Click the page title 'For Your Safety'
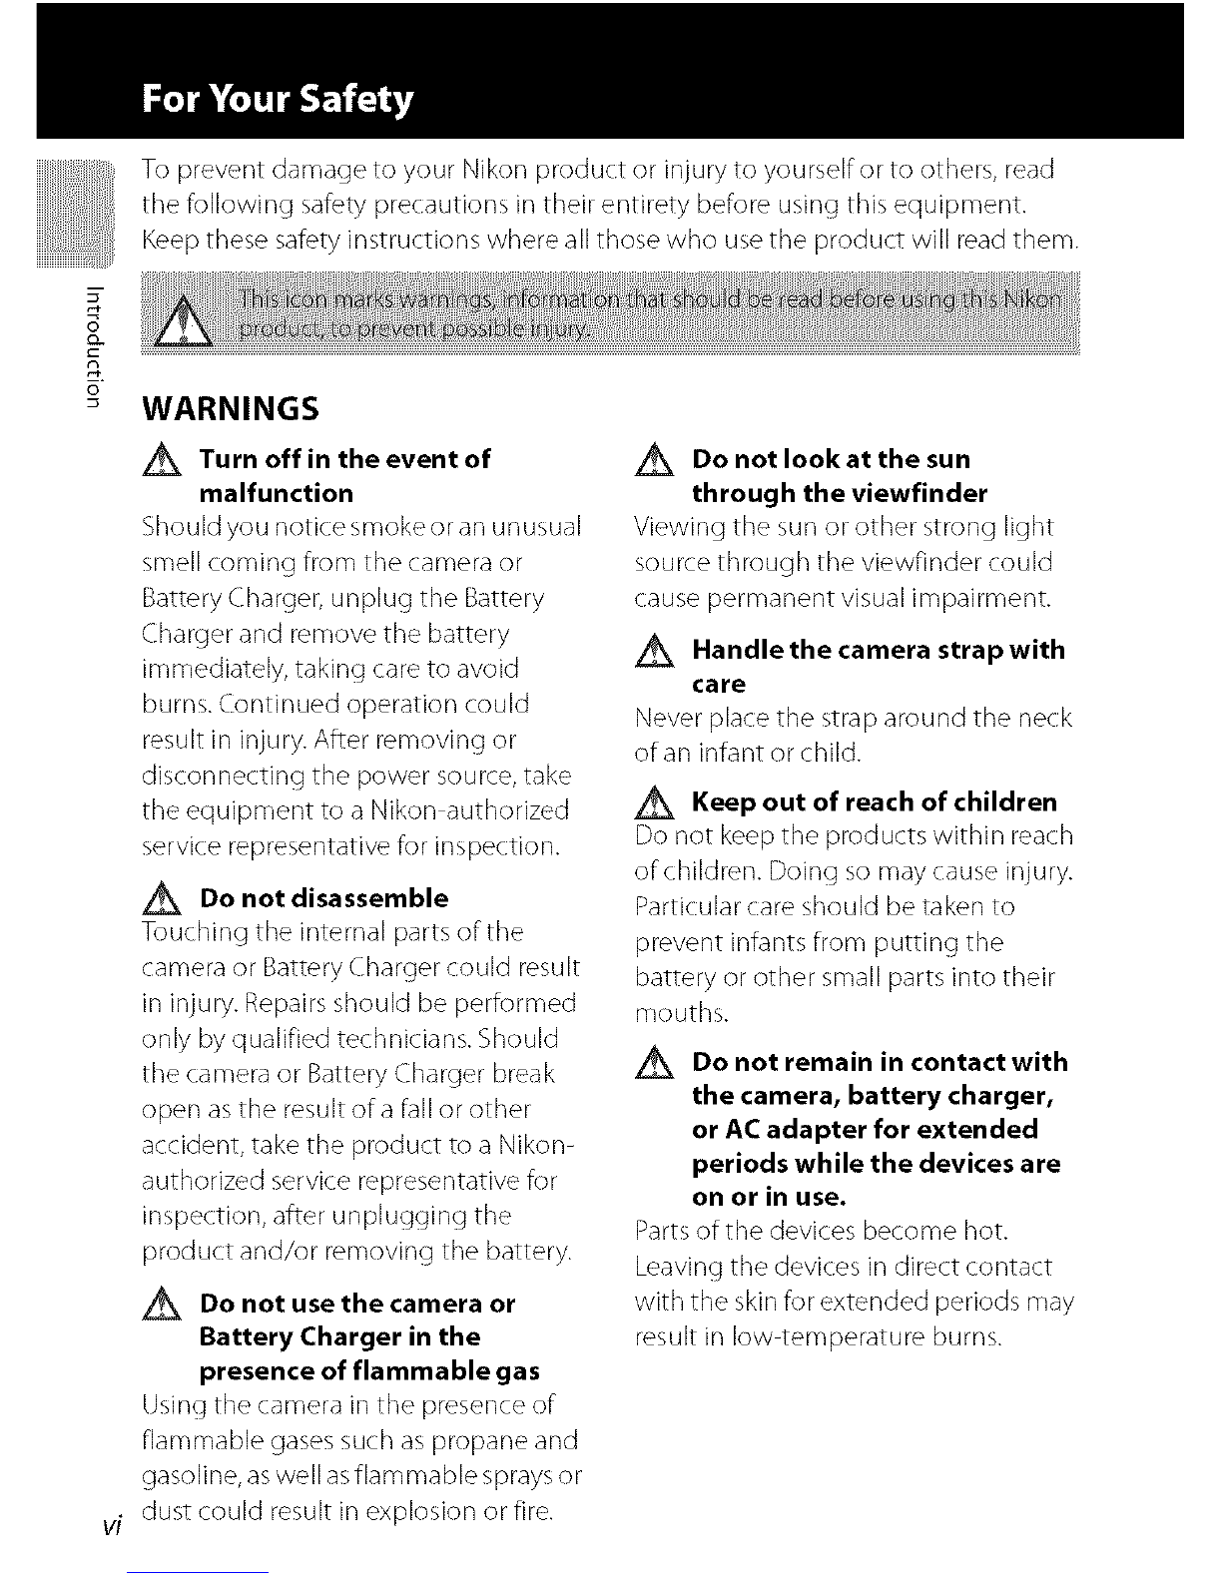point(277,100)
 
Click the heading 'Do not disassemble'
point(324,897)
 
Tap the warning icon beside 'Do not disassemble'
point(160,899)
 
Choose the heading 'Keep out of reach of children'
point(874,801)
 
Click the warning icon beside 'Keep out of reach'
point(654,802)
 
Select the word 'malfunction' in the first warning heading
point(277,493)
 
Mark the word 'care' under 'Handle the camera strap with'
point(719,684)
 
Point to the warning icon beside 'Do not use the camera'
point(160,1306)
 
